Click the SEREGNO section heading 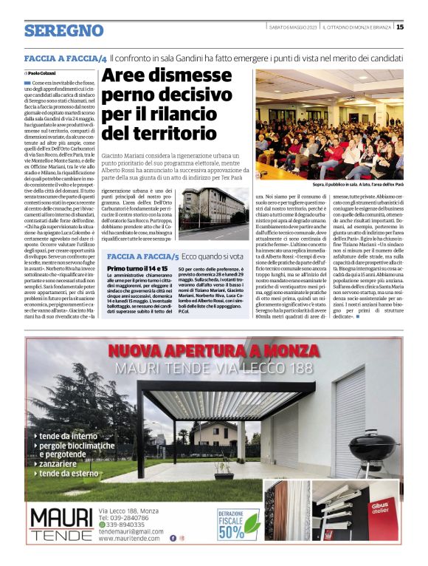coord(63,30)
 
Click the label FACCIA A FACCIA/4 coord(66,58)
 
